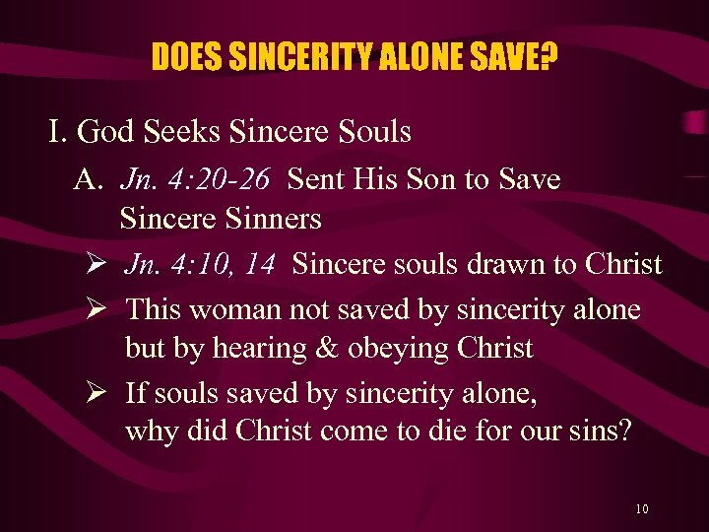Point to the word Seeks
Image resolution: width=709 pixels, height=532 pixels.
(x=178, y=131)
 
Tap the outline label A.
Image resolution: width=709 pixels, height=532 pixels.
(x=89, y=180)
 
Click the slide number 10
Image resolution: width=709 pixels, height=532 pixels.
(x=642, y=508)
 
